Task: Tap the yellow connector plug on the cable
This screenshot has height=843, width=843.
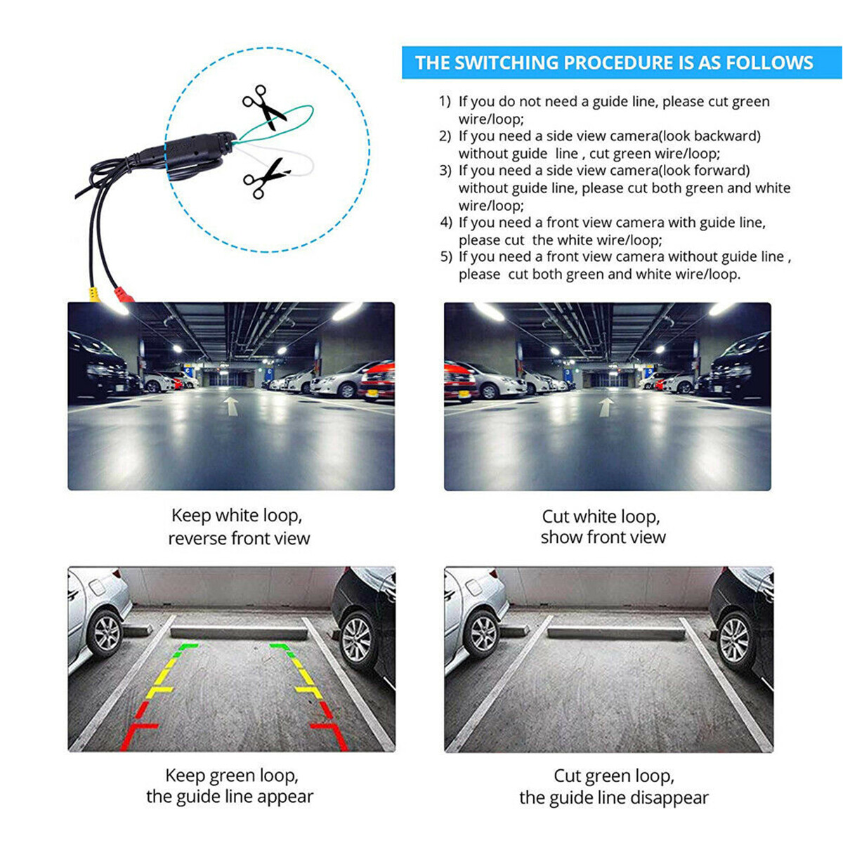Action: point(93,294)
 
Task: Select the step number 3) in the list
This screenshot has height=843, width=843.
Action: point(445,171)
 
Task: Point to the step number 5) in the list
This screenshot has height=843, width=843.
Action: point(446,257)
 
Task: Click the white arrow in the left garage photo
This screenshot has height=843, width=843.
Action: point(230,405)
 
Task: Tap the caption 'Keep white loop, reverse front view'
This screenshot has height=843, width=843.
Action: point(238,527)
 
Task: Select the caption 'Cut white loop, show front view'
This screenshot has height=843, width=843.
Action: point(602,527)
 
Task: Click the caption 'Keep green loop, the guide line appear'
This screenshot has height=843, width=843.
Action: point(230,786)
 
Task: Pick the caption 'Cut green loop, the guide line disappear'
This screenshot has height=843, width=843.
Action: point(613,787)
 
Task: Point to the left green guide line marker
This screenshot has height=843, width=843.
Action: point(187,647)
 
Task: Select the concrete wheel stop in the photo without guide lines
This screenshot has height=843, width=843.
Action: point(615,632)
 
